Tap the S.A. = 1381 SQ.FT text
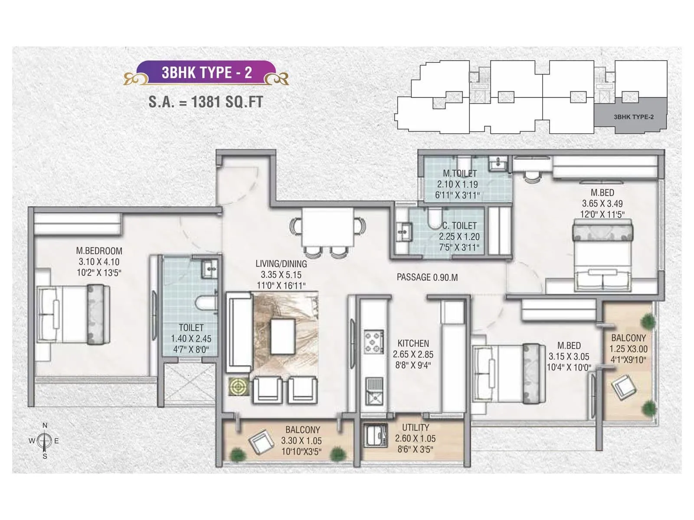pos(206,102)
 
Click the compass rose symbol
pos(44,441)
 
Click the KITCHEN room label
pos(413,343)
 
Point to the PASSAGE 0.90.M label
pos(427,277)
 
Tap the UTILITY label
pos(415,428)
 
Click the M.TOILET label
pos(459,173)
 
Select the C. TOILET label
pos(459,226)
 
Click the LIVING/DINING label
pos(281,264)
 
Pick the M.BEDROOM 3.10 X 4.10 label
pos(99,256)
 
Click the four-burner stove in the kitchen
pos(373,342)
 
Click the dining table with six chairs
pos(327,227)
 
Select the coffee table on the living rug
pos(283,336)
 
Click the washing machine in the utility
pos(376,435)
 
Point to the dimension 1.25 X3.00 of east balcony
pos(628,349)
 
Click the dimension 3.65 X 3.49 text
pos(602,203)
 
